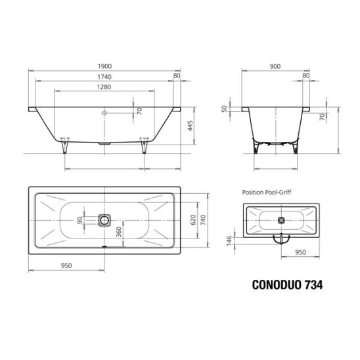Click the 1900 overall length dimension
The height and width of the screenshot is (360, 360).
(104, 66)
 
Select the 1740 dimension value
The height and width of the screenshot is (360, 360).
(104, 77)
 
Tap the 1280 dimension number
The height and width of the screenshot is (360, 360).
(104, 87)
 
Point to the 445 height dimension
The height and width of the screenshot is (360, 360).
(190, 125)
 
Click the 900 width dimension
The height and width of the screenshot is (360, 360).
(275, 66)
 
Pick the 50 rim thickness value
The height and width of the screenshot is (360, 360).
(224, 108)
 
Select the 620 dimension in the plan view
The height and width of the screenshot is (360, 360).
(193, 220)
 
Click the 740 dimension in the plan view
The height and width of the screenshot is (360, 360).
(203, 220)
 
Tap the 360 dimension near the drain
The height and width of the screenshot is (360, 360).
(118, 232)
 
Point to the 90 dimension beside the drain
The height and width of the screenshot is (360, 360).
(79, 221)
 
